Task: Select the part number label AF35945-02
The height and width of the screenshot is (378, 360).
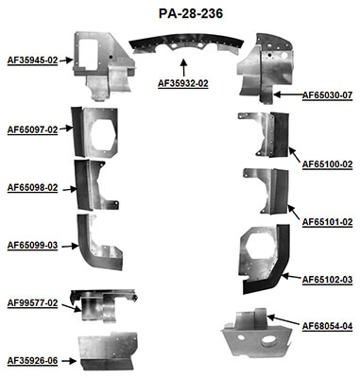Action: point(32,60)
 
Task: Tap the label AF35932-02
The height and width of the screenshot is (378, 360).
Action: point(183,84)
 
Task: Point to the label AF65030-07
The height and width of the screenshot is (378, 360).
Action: point(327,95)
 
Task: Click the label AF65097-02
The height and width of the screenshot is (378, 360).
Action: point(32,129)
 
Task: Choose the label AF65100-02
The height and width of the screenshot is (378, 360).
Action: point(327,163)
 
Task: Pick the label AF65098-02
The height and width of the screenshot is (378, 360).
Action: point(32,188)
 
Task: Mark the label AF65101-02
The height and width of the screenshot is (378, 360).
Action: point(327,222)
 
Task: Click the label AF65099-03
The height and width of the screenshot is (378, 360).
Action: point(32,246)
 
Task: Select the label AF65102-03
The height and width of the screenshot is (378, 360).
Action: point(327,280)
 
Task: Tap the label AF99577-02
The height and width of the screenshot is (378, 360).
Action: point(32,303)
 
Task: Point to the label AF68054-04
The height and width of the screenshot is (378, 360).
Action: point(327,326)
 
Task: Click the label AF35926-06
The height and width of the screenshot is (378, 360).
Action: point(32,360)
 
